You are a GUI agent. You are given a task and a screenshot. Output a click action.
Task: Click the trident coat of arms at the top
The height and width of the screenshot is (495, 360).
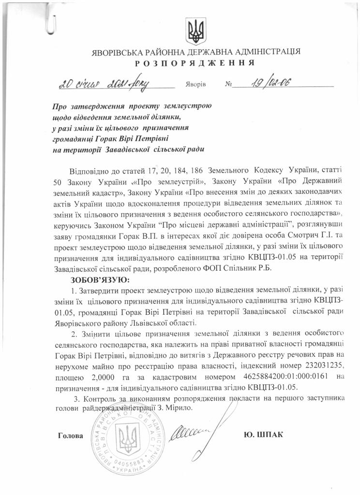(x=196, y=31)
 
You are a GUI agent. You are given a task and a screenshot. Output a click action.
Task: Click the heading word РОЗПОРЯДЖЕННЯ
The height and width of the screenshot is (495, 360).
(x=195, y=63)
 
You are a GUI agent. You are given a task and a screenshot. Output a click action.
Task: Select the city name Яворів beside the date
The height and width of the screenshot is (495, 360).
(x=195, y=84)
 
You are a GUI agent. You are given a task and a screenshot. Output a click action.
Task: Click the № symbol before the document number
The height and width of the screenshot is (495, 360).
(x=229, y=84)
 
